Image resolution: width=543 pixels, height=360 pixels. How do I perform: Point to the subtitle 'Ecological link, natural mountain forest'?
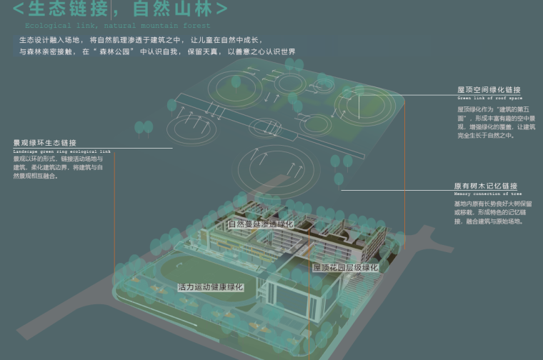click(118, 25)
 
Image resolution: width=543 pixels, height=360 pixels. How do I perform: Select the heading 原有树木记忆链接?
click(485, 186)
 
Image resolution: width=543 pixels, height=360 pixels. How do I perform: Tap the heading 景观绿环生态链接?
click(44, 143)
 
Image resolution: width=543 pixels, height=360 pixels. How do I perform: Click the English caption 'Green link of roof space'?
click(490, 98)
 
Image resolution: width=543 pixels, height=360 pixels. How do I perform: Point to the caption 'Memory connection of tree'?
click(487, 194)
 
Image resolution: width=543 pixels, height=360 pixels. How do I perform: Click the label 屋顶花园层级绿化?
click(345, 268)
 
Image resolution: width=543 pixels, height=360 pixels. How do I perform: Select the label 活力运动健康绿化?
click(211, 287)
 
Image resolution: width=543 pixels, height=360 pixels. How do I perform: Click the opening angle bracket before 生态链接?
click(19, 9)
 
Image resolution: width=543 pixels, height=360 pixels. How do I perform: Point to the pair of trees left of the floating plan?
click(144, 128)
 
